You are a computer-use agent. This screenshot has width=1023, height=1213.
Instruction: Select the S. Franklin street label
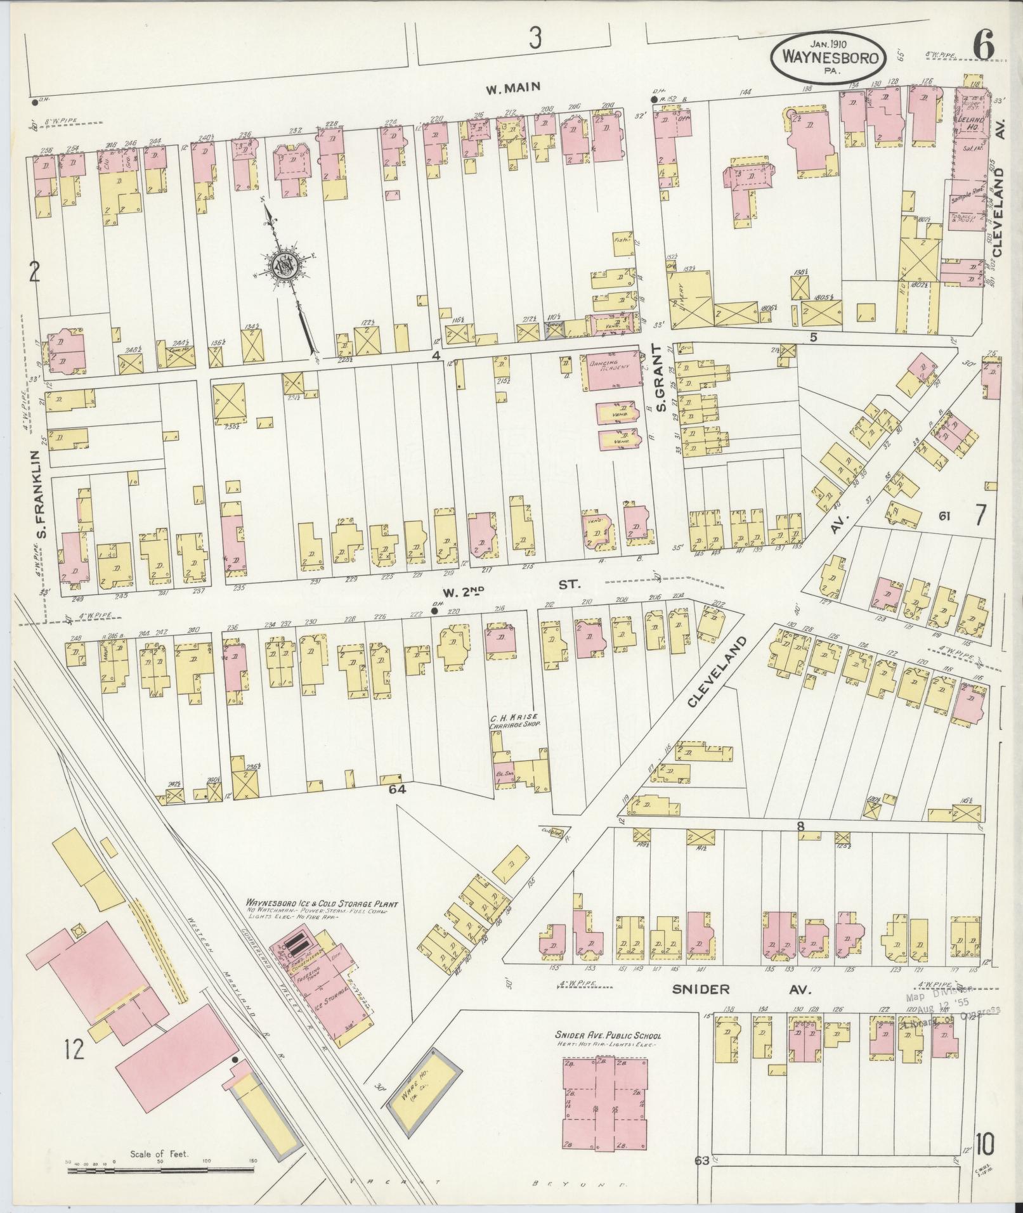[x=42, y=494]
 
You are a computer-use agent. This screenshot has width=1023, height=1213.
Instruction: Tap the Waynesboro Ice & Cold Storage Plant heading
[x=322, y=904]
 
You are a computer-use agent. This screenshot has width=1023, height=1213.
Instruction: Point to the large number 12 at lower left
[x=74, y=1049]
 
